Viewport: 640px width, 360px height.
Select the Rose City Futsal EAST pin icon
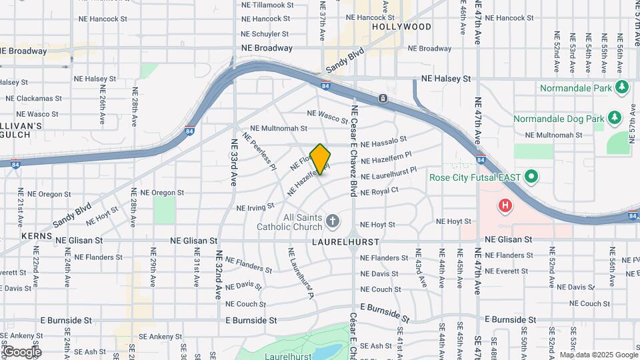[531, 178]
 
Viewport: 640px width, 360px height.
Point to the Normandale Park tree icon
[622, 87]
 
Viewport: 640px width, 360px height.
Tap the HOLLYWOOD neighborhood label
[401, 27]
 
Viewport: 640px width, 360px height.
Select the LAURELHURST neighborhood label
[345, 241]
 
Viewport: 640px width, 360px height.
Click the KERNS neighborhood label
[31, 237]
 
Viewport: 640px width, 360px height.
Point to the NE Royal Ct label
[379, 191]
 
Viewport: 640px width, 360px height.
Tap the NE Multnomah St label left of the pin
[278, 128]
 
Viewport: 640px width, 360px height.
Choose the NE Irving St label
[255, 207]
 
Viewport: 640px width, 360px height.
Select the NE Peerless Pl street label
[260, 151]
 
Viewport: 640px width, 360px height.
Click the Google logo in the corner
[21, 351]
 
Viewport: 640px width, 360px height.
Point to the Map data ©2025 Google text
[599, 355]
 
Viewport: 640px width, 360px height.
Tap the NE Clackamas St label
[30, 98]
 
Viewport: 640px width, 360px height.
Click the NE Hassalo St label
[383, 143]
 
